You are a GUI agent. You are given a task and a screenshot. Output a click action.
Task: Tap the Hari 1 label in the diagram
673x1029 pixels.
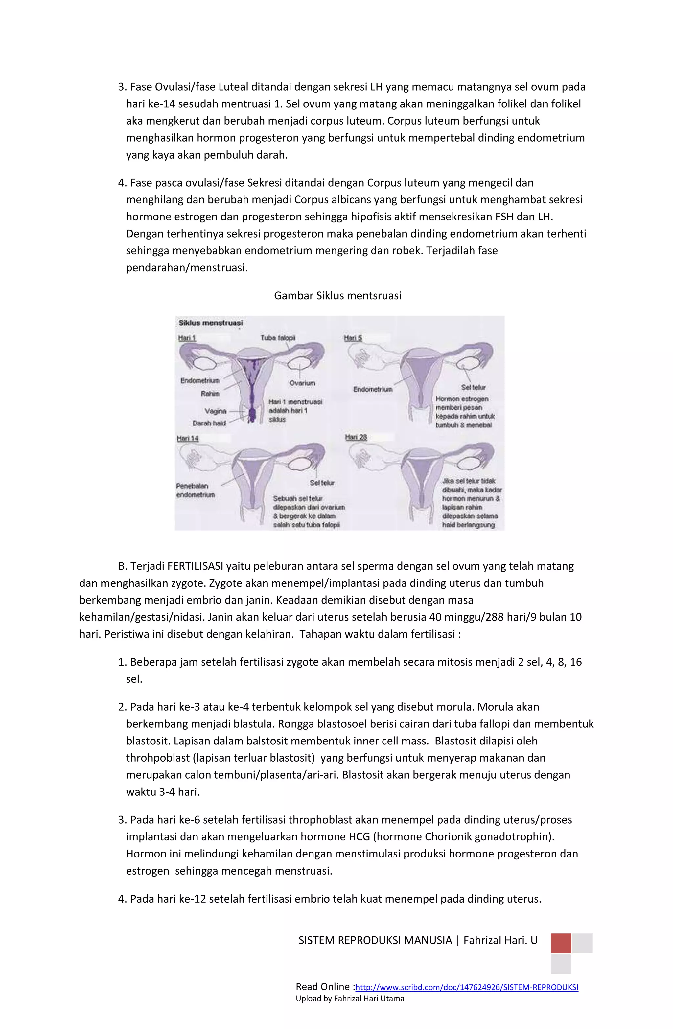tap(187, 338)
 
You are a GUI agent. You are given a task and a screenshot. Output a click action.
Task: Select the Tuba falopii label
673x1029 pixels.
tap(278, 338)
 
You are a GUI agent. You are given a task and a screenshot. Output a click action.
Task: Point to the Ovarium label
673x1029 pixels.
tap(302, 383)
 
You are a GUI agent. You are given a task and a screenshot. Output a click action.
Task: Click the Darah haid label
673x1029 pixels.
tap(209, 423)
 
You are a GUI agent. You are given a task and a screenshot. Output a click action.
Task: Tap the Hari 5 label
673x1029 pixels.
tap(353, 338)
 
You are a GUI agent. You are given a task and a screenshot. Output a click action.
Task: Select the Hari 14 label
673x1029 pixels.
tap(187, 438)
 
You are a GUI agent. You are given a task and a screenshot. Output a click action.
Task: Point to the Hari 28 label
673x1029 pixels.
tap(356, 438)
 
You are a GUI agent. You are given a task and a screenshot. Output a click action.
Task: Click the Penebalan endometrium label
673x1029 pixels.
tap(195, 490)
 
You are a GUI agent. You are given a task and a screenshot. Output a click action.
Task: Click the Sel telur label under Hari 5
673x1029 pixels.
tap(473, 388)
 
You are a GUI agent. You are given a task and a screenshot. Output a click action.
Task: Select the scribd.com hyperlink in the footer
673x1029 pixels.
tap(466, 987)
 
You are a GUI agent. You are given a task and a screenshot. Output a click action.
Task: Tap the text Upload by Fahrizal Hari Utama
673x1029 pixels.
tap(349, 999)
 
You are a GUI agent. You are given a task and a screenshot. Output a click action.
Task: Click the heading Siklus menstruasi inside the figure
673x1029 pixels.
tap(211, 323)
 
